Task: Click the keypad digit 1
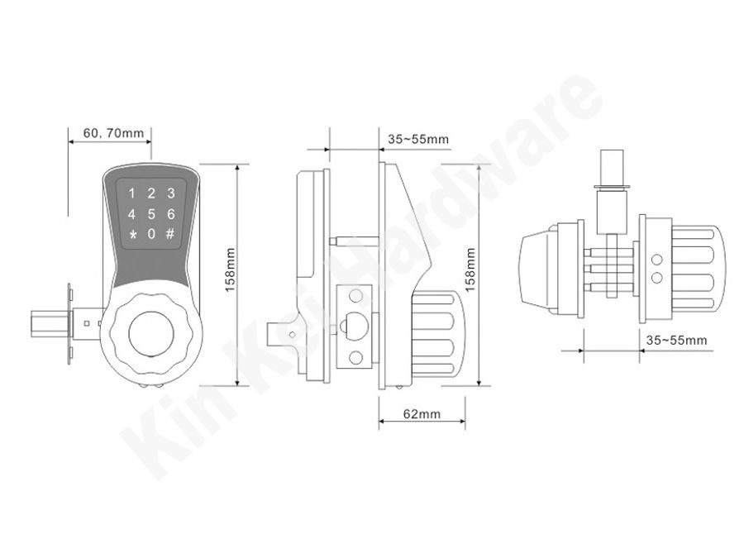pyautogui.click(x=132, y=193)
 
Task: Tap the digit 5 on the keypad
pyautogui.click(x=151, y=214)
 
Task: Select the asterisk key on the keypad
pyautogui.click(x=132, y=235)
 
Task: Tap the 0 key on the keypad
pyautogui.click(x=151, y=234)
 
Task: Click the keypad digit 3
pyautogui.click(x=171, y=193)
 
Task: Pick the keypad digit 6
pyautogui.click(x=171, y=214)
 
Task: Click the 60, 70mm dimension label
pyautogui.click(x=113, y=133)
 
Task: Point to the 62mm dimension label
pyautogui.click(x=422, y=414)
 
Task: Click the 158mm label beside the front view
pyautogui.click(x=231, y=269)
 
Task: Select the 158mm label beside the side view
pyautogui.click(x=470, y=269)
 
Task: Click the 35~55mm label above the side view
pyautogui.click(x=418, y=139)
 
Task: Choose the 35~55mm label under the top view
pyautogui.click(x=676, y=341)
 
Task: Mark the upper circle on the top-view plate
pyautogui.click(x=657, y=260)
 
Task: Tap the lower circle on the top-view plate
pyautogui.click(x=657, y=278)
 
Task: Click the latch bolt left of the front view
pyautogui.click(x=50, y=323)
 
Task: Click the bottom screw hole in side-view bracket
pyautogui.click(x=355, y=357)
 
